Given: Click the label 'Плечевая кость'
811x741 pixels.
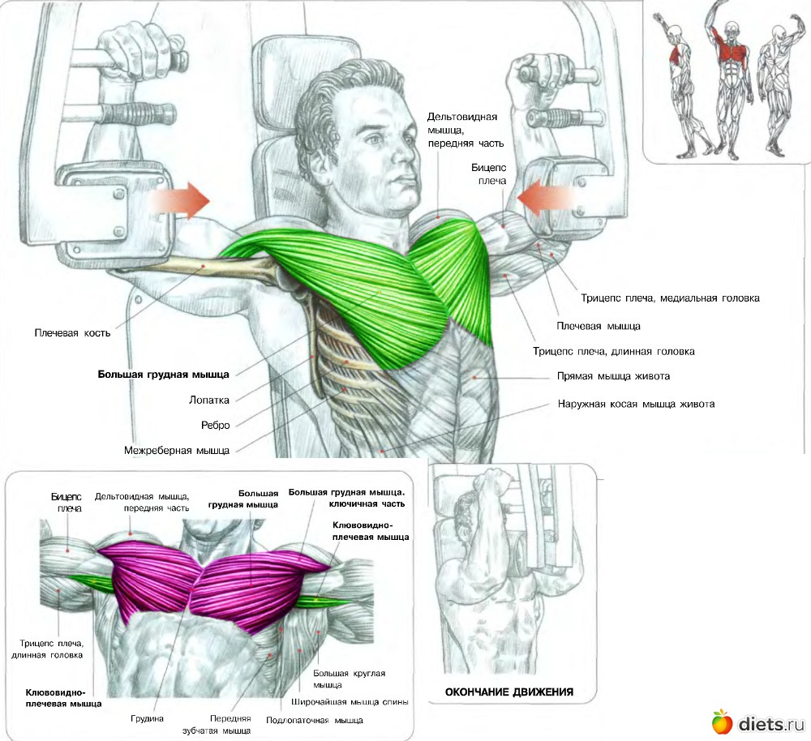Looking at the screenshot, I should click(x=72, y=332).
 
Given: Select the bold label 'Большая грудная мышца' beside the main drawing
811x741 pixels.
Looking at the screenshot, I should click(x=164, y=375).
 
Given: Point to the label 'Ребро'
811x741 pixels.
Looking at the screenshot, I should click(x=215, y=425).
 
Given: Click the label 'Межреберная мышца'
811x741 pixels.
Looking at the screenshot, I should click(x=177, y=450).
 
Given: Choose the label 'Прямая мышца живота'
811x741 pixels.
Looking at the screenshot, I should click(x=613, y=377).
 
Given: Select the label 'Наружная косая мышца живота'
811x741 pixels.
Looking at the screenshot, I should click(x=636, y=404).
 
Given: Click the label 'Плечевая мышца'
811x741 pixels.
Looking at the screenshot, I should click(x=599, y=326).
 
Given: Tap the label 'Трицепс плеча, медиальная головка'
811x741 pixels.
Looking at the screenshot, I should click(x=670, y=298).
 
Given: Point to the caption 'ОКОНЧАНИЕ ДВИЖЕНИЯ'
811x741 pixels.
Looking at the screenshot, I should click(x=509, y=692).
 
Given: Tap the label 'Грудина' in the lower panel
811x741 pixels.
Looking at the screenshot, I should click(x=148, y=718).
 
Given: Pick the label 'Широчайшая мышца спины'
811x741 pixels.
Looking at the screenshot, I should click(x=350, y=702).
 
